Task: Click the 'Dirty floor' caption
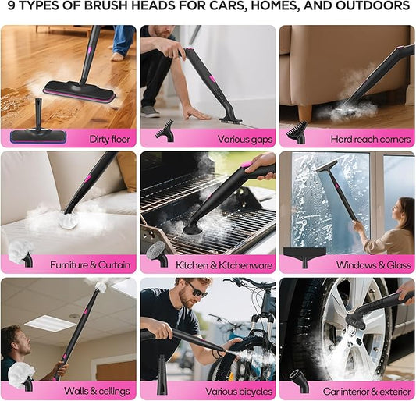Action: click(108, 139)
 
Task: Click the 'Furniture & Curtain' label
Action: click(90, 264)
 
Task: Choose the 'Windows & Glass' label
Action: click(373, 264)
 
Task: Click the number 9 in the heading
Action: click(11, 8)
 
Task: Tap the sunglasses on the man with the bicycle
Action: click(197, 293)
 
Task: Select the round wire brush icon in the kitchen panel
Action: click(156, 251)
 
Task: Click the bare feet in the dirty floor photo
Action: click(118, 55)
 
